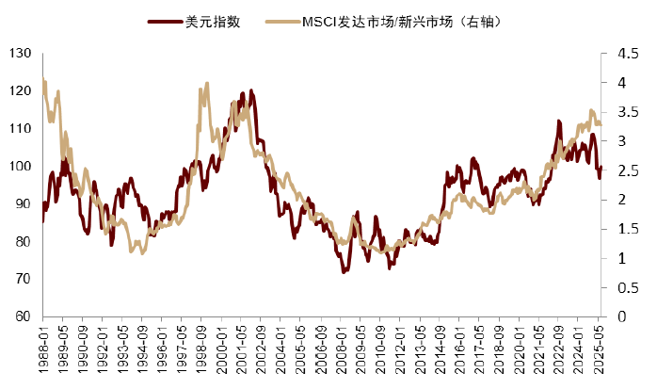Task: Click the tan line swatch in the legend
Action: (x=280, y=19)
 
